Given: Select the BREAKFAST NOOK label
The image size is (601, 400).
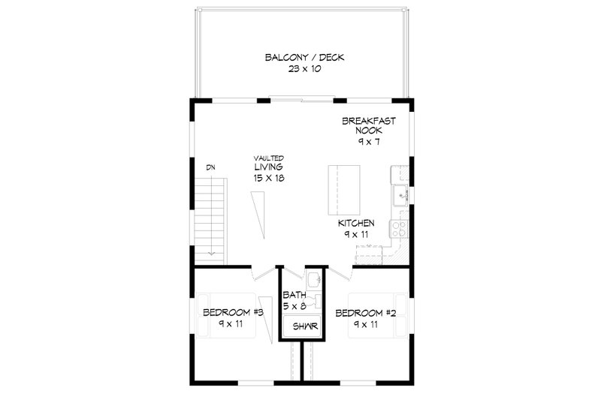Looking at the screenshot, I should pyautogui.click(x=369, y=125).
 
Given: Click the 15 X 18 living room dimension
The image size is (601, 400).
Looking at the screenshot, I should pyautogui.click(x=268, y=179).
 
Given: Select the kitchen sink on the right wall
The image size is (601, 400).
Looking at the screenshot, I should pyautogui.click(x=400, y=194).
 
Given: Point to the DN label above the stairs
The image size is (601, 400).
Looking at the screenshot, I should pyautogui.click(x=212, y=167).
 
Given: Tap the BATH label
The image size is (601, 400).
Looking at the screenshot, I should pyautogui.click(x=294, y=296).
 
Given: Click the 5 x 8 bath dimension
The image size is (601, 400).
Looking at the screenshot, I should pyautogui.click(x=294, y=307).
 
